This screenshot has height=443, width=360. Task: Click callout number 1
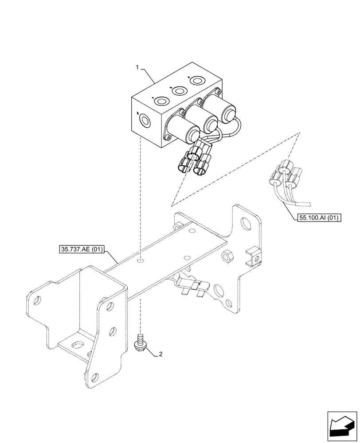(138, 67)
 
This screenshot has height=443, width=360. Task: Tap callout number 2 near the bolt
(160, 354)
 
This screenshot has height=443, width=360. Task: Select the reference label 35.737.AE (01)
(80, 249)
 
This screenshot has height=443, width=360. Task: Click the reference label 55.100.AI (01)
(316, 218)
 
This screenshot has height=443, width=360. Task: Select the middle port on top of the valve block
(179, 91)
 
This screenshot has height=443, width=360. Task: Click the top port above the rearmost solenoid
(196, 81)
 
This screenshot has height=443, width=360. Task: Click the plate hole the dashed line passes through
(141, 261)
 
